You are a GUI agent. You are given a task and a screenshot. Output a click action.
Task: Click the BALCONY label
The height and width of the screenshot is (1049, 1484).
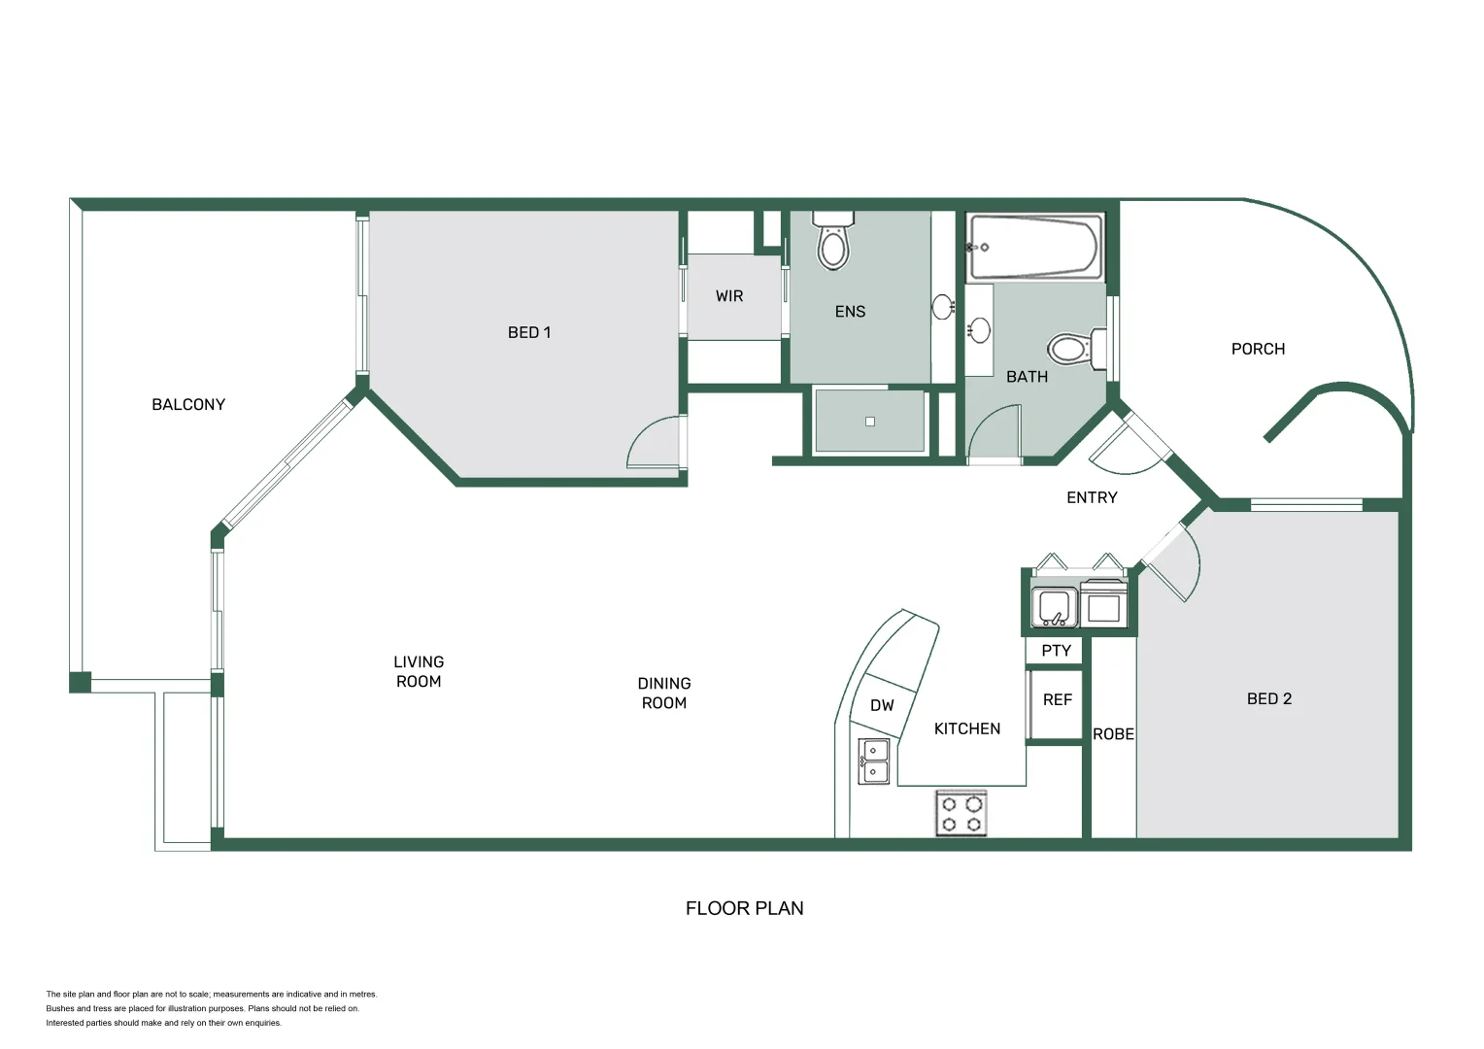(x=188, y=404)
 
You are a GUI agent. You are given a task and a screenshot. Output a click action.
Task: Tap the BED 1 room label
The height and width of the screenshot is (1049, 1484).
(x=529, y=332)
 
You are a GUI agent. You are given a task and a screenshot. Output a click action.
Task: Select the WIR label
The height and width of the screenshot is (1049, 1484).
(x=729, y=296)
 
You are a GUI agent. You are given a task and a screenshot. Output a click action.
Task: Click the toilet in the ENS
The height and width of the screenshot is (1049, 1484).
(x=833, y=243)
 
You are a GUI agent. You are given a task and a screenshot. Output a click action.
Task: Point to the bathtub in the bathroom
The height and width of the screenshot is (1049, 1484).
(x=1035, y=247)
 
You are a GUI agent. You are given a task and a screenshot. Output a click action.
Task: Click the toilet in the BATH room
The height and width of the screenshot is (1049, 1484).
(x=1072, y=349)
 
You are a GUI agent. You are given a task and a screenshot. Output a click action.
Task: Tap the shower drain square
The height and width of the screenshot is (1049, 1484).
(x=870, y=422)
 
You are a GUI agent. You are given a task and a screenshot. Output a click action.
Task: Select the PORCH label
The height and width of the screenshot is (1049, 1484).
(x=1258, y=349)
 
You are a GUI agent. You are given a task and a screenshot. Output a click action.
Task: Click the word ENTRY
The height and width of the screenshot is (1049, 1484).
(x=1092, y=497)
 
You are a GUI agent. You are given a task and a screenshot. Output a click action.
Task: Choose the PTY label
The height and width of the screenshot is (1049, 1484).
(x=1056, y=651)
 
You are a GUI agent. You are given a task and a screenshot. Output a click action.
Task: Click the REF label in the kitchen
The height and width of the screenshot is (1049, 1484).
(x=1057, y=699)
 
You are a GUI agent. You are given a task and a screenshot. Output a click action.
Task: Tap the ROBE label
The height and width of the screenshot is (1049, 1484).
(x=1113, y=734)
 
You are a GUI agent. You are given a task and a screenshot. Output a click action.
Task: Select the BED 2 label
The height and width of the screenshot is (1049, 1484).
(x=1268, y=698)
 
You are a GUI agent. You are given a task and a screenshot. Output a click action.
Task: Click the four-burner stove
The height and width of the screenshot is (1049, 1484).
(x=961, y=813)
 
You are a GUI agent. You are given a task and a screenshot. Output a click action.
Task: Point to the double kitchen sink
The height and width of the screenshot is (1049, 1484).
(x=874, y=761)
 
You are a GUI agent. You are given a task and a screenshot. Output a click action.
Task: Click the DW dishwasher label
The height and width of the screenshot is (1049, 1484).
(x=882, y=705)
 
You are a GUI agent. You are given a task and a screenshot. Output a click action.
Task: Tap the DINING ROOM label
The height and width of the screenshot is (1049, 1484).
(x=664, y=694)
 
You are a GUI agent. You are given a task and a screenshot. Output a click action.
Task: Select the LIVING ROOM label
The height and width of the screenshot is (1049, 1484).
(x=419, y=671)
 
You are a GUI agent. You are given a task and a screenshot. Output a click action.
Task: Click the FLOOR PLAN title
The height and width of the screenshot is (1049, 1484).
(x=744, y=908)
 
